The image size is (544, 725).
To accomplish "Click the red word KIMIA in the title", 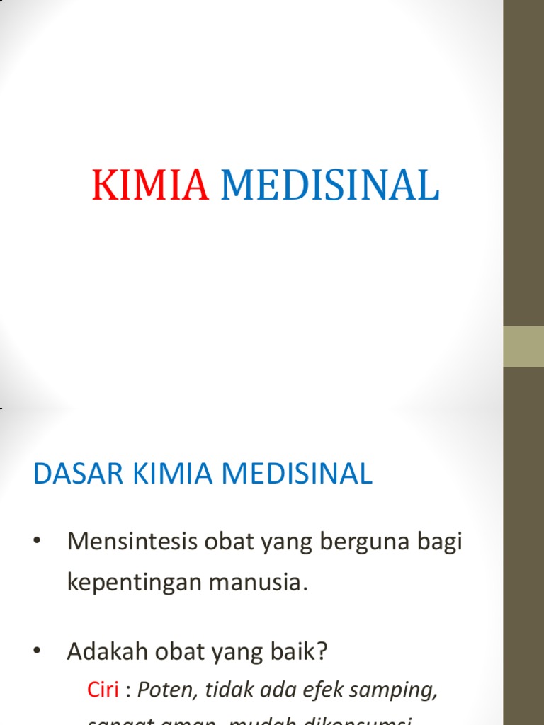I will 150,186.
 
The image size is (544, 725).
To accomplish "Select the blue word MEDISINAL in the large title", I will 330,186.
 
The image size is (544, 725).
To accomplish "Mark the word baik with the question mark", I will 304,651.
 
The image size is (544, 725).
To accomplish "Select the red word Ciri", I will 102,690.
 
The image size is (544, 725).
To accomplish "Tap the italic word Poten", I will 163,690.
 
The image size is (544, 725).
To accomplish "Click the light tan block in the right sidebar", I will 523,346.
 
